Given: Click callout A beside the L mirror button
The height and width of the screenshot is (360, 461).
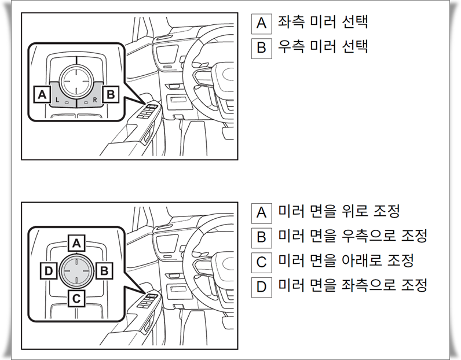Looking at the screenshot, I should (42, 94).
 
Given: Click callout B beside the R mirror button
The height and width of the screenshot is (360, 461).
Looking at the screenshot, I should (111, 94).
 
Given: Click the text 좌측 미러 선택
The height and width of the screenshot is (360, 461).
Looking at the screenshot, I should (323, 23).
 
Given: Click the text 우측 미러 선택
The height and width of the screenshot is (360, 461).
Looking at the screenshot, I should (323, 47).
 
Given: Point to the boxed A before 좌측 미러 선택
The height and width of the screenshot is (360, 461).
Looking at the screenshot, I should (261, 23).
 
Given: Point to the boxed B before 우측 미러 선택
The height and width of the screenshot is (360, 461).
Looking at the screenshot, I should (261, 47).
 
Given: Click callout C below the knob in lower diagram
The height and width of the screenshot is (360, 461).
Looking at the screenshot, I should (76, 298).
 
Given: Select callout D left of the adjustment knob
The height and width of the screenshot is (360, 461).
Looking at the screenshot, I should (48, 270).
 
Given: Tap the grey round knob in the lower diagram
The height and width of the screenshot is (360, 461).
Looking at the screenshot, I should (76, 270).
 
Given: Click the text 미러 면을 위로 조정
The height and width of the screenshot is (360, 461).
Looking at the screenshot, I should (339, 212).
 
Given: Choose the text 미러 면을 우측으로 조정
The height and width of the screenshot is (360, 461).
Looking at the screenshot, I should (352, 236).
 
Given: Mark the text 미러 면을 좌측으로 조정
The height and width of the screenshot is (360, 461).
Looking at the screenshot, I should (352, 285).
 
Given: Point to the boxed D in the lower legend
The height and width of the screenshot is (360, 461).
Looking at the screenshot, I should (261, 286).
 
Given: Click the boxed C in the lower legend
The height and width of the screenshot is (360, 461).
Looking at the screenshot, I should (261, 262).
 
